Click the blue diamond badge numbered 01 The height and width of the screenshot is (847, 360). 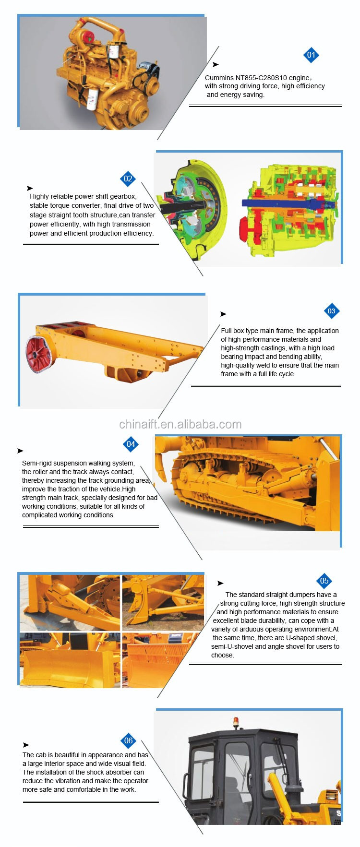(311, 55)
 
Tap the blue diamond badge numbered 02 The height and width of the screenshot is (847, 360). (128, 179)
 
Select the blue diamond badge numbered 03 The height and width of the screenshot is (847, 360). (331, 311)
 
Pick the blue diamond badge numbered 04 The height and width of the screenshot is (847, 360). (131, 444)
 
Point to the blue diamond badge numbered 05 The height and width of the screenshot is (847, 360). (324, 581)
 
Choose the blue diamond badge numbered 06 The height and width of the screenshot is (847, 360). (128, 740)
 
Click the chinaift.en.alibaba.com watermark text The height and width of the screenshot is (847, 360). (180, 424)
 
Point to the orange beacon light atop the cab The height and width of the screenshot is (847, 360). (236, 722)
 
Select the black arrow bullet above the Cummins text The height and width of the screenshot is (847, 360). (216, 64)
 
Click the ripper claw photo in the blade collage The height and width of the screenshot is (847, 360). (163, 602)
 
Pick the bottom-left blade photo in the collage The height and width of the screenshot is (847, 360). (70, 660)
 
